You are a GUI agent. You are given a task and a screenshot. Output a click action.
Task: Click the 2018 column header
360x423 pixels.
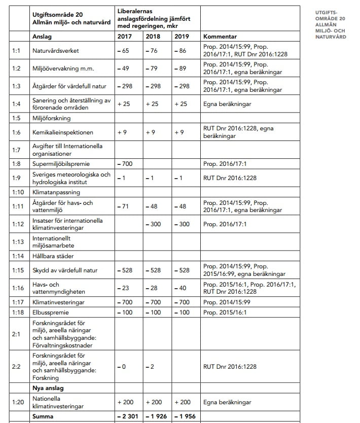click(x=153, y=37)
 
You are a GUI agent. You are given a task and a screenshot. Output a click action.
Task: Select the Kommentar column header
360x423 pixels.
click(x=220, y=37)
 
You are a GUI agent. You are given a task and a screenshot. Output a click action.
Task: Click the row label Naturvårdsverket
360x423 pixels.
click(x=55, y=51)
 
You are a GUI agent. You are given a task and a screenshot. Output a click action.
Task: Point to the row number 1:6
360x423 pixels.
click(x=17, y=132)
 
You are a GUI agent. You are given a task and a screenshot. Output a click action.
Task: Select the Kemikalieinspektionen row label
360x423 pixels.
click(x=63, y=132)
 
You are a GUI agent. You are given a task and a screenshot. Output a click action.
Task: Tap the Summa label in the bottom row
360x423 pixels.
click(x=44, y=416)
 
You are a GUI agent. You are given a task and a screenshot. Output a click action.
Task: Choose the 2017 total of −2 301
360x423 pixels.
click(x=127, y=416)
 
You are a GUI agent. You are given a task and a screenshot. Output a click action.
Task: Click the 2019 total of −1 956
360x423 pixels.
click(x=184, y=416)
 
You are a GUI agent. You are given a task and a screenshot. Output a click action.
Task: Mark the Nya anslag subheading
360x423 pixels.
click(x=48, y=388)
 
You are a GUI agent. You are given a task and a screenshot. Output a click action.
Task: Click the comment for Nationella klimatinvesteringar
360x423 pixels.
click(x=227, y=402)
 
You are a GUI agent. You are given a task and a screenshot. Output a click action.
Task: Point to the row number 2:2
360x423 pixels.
click(x=17, y=366)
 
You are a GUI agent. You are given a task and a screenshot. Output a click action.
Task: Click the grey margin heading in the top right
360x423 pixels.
click(x=330, y=24)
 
